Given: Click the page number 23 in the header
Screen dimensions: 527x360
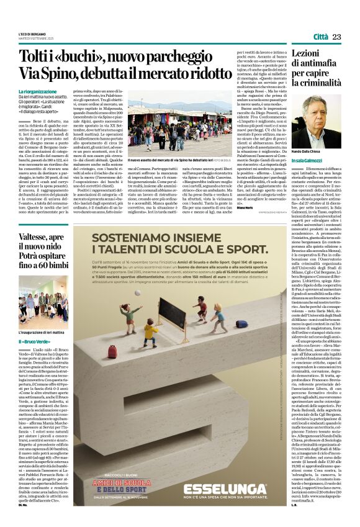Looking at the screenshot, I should [x=337, y=37].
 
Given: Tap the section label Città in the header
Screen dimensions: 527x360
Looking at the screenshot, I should [x=320, y=37].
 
